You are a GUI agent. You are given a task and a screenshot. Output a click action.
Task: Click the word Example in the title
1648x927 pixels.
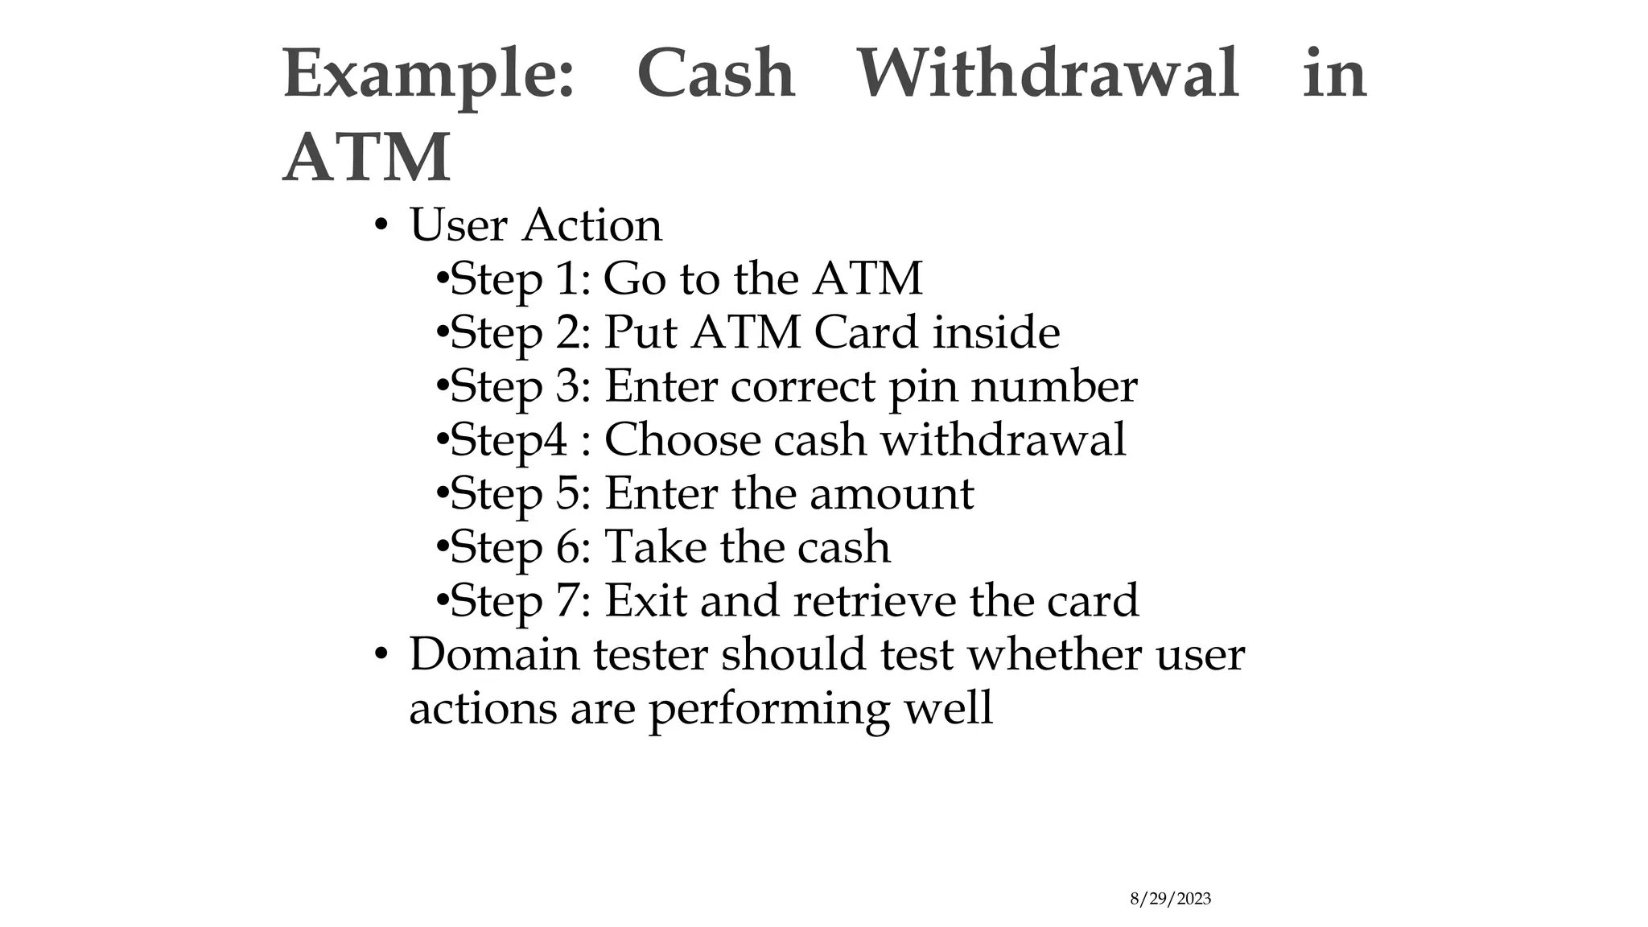tap(427, 74)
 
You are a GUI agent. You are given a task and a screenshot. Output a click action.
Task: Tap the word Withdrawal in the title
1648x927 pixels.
tap(1047, 74)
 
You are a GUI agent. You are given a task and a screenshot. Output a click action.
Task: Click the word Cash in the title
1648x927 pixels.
tap(715, 74)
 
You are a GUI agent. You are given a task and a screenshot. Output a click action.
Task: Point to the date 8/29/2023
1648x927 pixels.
tap(1170, 899)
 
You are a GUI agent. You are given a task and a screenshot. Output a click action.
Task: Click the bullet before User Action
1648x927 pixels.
tap(381, 225)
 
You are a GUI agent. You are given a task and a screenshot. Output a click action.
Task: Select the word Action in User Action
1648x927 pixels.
tap(592, 225)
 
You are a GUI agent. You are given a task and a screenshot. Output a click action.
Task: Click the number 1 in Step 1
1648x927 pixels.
tap(568, 279)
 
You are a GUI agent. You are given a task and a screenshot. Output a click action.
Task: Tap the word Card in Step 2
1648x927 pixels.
tap(866, 332)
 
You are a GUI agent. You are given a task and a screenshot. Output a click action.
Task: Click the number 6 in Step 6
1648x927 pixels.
tap(568, 547)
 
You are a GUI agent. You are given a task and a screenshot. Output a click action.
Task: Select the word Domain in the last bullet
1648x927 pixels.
tap(495, 653)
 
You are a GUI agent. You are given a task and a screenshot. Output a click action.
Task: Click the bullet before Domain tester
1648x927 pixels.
tap(381, 654)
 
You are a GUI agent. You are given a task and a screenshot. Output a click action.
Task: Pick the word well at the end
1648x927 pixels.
tap(947, 708)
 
